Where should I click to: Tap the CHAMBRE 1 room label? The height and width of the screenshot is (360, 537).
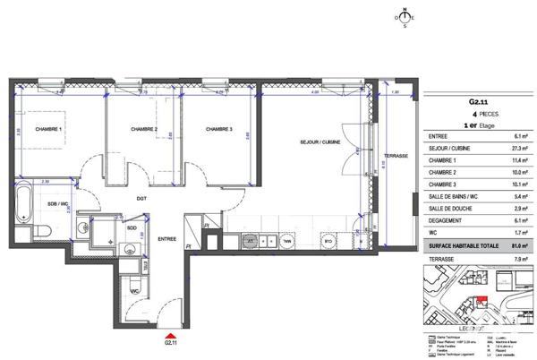tap(49, 130)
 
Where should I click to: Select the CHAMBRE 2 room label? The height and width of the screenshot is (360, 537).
tap(143, 130)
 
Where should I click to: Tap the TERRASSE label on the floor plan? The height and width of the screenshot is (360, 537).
tap(396, 156)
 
